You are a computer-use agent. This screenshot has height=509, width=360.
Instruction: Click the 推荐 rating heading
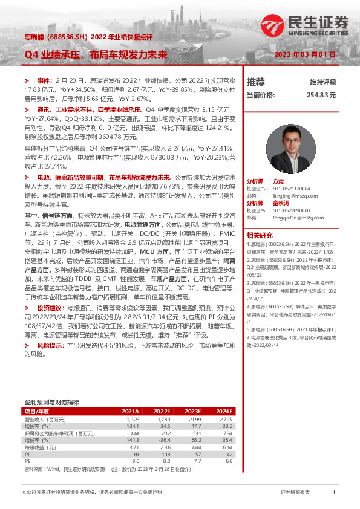coord(256,82)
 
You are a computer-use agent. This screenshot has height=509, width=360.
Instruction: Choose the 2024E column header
coord(224,411)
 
